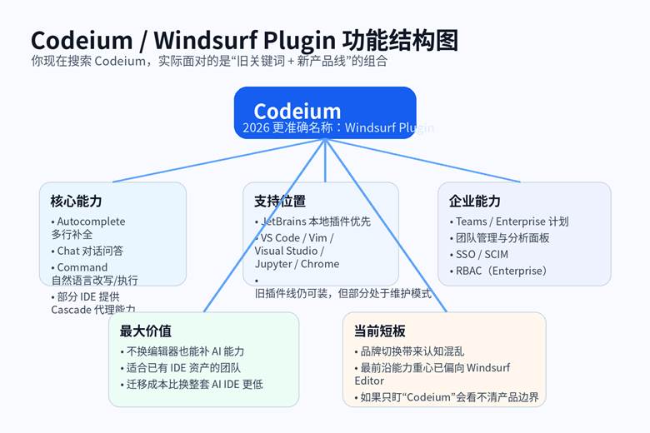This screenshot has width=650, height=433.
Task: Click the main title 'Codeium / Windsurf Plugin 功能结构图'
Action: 244,40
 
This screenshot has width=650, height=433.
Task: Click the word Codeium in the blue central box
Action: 297,111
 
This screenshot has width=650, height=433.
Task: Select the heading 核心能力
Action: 76,201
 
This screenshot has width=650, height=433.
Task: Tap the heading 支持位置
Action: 279,201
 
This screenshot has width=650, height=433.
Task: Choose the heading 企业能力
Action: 475,201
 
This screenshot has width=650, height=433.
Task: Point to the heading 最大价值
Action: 146,331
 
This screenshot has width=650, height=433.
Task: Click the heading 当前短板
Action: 380,331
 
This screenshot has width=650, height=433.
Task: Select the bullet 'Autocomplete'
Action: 90,221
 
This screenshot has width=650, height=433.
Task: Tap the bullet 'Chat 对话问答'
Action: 90,251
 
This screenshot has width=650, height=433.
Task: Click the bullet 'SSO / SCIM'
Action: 482,254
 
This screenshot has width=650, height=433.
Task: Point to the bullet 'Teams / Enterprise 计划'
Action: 512,221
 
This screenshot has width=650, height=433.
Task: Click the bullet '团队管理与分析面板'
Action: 502,238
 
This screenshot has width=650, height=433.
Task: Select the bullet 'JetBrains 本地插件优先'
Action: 315,221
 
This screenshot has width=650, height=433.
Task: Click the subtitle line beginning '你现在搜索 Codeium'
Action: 209,61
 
